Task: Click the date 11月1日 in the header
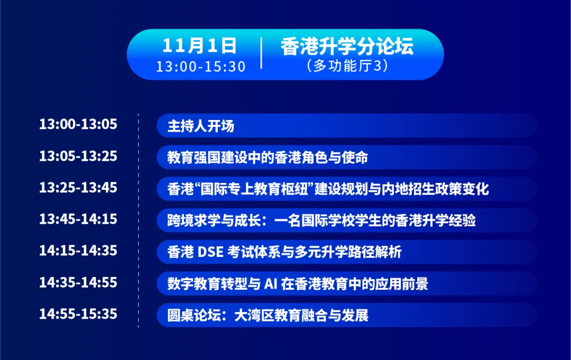(x=199, y=45)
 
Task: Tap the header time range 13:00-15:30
(x=201, y=66)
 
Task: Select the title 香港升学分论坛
(x=347, y=46)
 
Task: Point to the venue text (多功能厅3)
(x=347, y=66)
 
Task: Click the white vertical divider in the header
(x=262, y=53)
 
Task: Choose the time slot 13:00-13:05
(x=78, y=124)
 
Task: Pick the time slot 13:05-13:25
(x=78, y=156)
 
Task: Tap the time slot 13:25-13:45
(x=78, y=188)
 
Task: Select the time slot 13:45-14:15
(x=78, y=219)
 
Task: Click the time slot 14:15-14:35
(x=78, y=251)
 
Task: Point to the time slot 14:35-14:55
(x=78, y=282)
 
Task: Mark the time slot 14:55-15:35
(x=78, y=314)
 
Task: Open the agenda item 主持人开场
(x=201, y=126)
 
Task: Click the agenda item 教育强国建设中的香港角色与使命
(x=268, y=158)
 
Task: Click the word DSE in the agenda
(x=210, y=252)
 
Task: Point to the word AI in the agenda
(x=271, y=283)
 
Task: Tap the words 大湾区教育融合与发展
(x=301, y=315)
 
